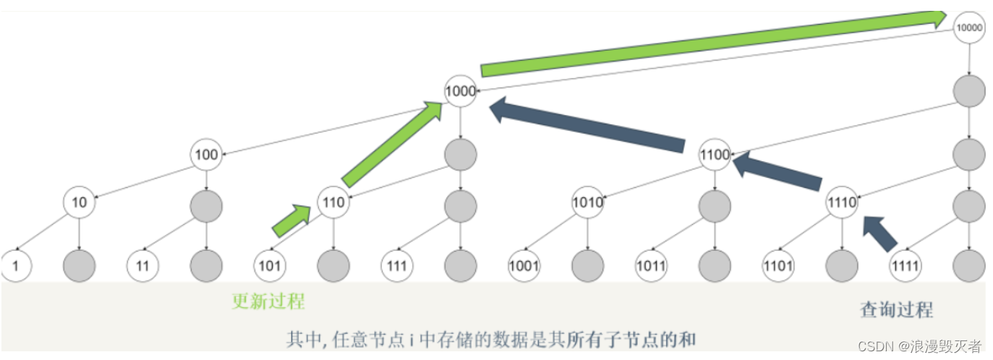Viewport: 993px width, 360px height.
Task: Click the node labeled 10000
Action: [x=968, y=28]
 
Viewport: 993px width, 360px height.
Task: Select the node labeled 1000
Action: [x=461, y=92]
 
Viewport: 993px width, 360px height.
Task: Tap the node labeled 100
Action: [x=206, y=155]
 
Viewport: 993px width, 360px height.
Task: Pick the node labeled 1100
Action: [x=715, y=155]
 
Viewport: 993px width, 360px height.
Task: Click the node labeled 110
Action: [x=333, y=203]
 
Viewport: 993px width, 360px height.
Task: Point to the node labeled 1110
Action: [x=842, y=203]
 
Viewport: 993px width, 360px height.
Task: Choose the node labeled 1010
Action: [x=587, y=203]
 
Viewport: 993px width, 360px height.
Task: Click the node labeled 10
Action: [x=79, y=203]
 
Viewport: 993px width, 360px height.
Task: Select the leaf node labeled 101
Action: [x=269, y=265]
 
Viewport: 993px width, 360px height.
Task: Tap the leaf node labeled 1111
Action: [x=905, y=265]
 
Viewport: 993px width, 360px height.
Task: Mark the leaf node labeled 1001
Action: [x=524, y=265]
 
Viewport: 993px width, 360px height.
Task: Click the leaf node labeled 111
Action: [x=396, y=265]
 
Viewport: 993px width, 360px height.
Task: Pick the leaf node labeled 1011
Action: [x=651, y=265]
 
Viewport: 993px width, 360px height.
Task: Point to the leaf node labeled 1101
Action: [x=778, y=265]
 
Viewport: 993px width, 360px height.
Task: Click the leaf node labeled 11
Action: [x=142, y=265]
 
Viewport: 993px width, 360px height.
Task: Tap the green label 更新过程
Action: [x=268, y=301]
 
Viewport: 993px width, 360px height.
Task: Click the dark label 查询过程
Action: [x=896, y=310]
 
